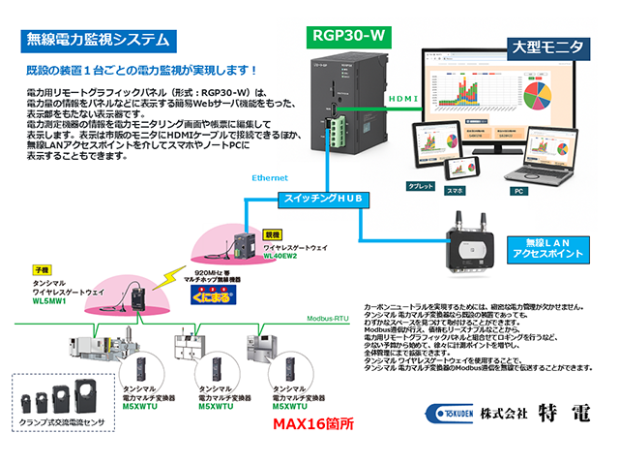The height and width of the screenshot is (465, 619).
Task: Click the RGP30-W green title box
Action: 348,37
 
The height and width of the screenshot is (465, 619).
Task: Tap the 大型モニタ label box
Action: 546,46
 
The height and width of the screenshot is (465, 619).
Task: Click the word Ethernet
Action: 270,178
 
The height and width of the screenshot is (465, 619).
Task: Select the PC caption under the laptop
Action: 518,191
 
